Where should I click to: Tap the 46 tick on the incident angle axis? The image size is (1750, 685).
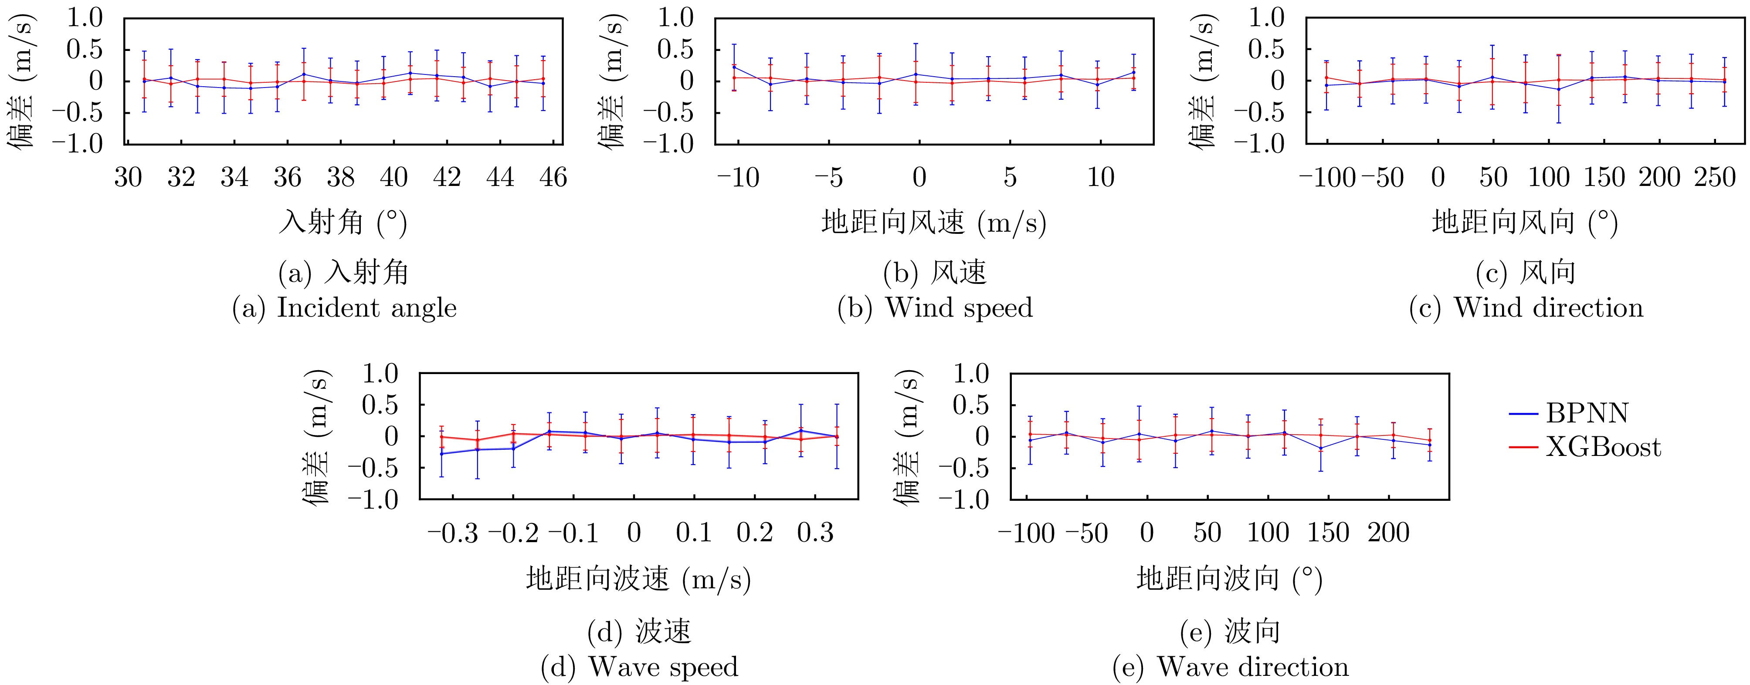coord(553,178)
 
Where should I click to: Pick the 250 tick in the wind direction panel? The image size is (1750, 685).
coord(1715,178)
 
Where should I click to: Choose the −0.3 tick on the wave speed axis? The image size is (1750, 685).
coord(453,533)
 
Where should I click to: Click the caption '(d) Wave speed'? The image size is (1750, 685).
coord(639,667)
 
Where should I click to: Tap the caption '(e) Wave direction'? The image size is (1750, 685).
coord(1230,667)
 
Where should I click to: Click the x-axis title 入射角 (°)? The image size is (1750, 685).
coord(343,223)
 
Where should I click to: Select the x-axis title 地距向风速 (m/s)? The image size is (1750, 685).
coord(934,223)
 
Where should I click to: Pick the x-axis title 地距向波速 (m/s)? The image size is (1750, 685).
coord(638,579)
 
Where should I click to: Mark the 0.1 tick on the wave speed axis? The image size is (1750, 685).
coord(694,533)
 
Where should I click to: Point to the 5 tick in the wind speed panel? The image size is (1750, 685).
coord(1010,178)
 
